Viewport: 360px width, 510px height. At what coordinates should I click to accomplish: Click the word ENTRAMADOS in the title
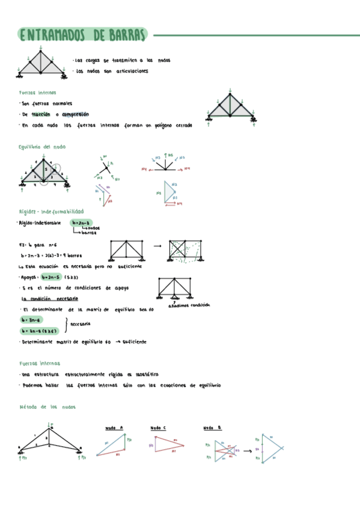pos(52,35)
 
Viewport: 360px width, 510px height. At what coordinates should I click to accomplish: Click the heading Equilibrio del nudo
pos(42,147)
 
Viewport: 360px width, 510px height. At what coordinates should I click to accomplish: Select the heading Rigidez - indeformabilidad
pos(51,212)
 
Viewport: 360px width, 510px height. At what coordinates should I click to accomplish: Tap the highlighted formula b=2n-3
pos(81,223)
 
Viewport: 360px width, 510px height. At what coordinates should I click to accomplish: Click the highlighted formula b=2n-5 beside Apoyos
pos(52,278)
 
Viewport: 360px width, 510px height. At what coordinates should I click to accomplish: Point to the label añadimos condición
pos(190,305)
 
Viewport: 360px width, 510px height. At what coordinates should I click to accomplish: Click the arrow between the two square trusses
pos(157,246)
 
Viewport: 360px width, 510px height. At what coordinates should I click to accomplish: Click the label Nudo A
pos(114,428)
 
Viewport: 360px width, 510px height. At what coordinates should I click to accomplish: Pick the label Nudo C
pos(159,428)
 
